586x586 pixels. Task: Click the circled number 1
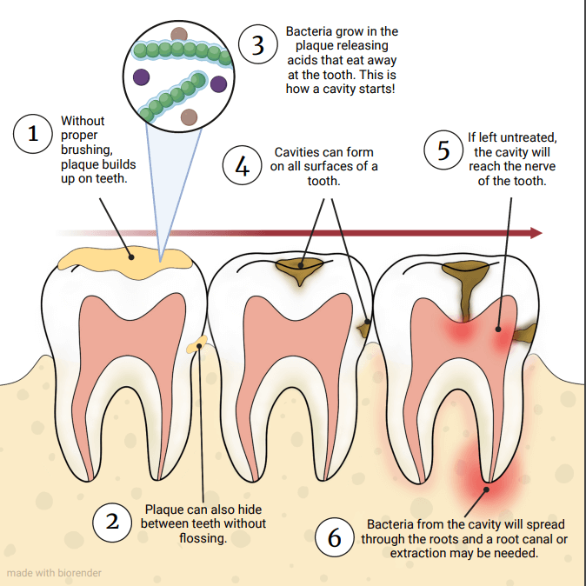[34, 135]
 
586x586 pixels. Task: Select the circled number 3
[257, 46]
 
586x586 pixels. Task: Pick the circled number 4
[243, 165]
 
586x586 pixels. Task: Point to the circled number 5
[443, 150]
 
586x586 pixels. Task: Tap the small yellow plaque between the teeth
[198, 345]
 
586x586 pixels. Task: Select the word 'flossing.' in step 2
[203, 538]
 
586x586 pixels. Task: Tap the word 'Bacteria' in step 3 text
[310, 32]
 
